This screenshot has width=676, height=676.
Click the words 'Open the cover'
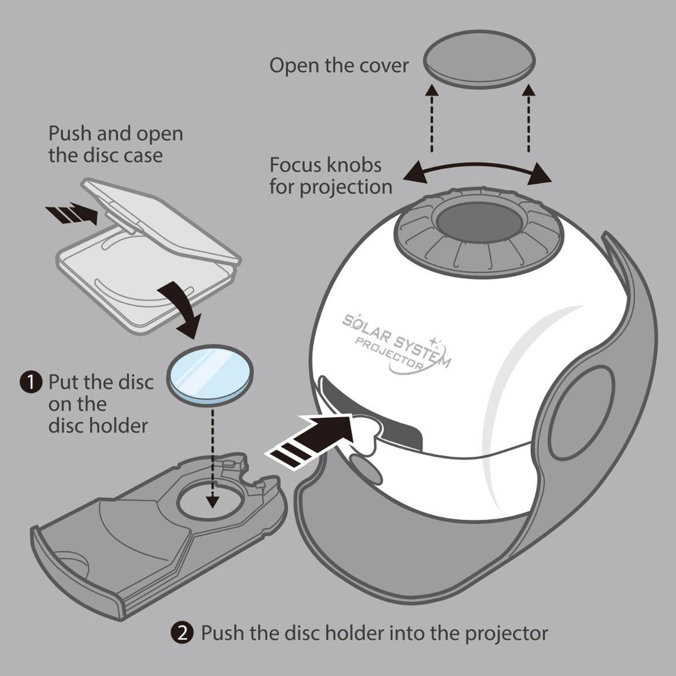[339, 66]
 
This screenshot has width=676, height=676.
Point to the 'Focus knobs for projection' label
[331, 176]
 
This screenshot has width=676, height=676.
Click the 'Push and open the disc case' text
[115, 144]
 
